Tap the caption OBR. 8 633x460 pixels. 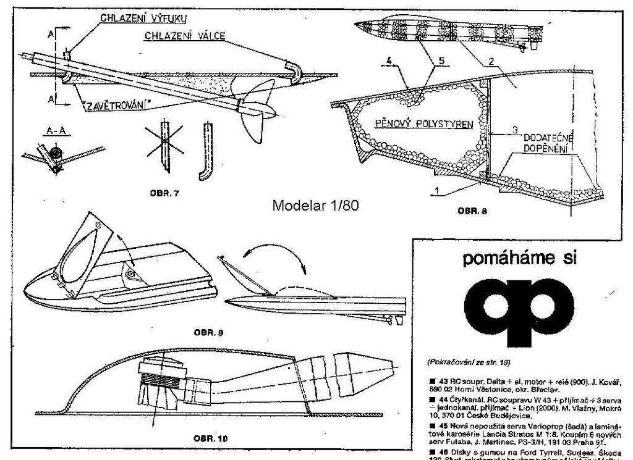tap(474, 211)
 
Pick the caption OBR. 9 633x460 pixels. tap(208, 333)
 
